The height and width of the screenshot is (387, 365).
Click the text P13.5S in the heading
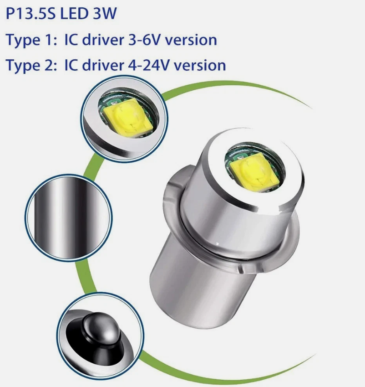tap(30, 14)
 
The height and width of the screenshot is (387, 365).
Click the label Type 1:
tap(31, 41)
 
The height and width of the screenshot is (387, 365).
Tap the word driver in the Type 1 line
tap(103, 40)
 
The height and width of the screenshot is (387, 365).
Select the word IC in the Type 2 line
tap(71, 65)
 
